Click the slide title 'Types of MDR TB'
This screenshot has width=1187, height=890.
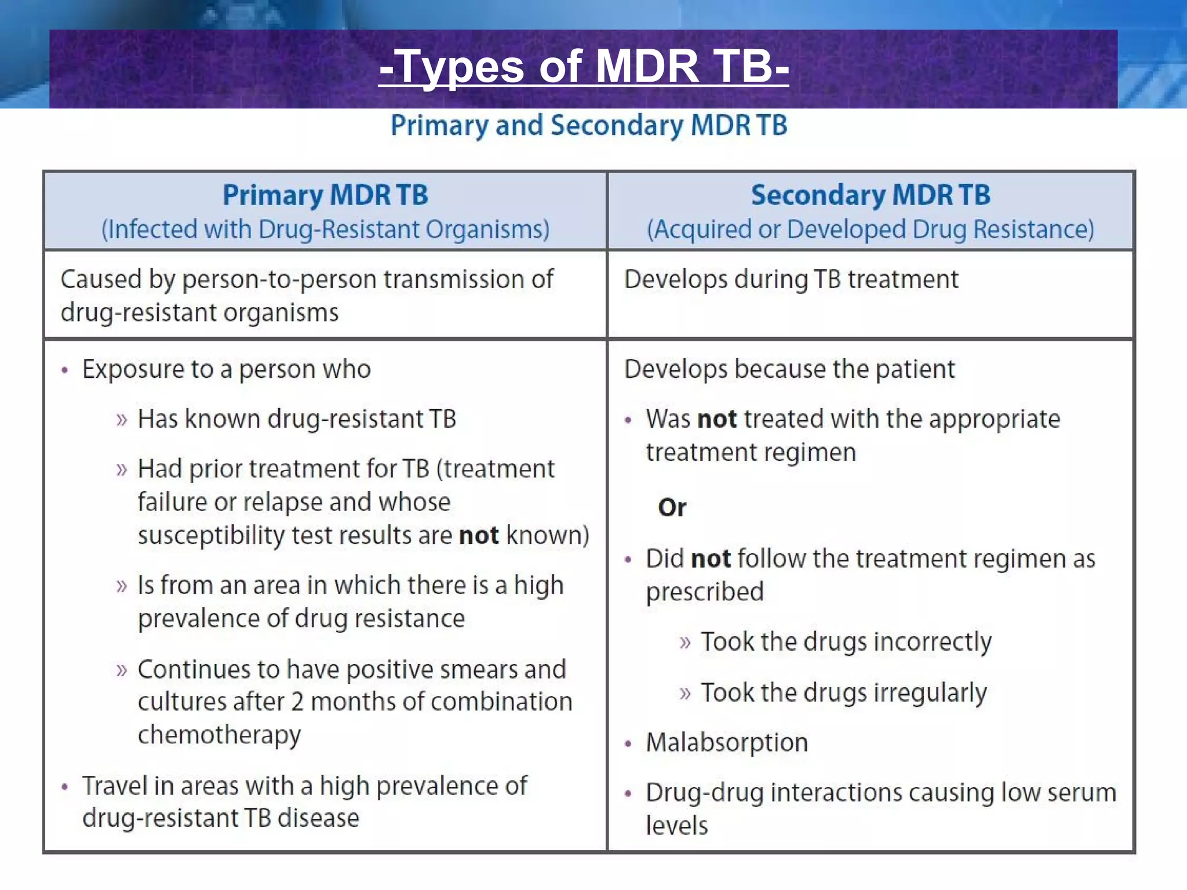pyautogui.click(x=584, y=67)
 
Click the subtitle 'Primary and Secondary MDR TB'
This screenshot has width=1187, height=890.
pyautogui.click(x=588, y=126)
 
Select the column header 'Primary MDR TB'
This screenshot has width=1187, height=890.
pyautogui.click(x=325, y=195)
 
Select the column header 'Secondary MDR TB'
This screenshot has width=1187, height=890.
pyautogui.click(x=870, y=195)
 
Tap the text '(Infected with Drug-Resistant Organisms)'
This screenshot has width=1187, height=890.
pyautogui.click(x=325, y=229)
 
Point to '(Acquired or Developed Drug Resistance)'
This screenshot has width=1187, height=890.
pyautogui.click(x=870, y=229)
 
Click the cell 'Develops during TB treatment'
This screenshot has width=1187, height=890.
pyautogui.click(x=791, y=280)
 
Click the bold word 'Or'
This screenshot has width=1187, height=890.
pyautogui.click(x=672, y=508)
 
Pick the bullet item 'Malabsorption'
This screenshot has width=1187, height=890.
pyautogui.click(x=727, y=743)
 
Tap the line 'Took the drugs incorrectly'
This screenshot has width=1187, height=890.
pyautogui.click(x=846, y=642)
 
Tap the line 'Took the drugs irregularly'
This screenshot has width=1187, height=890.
pyautogui.click(x=843, y=692)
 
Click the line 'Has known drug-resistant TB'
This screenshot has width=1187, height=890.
pyautogui.click(x=297, y=419)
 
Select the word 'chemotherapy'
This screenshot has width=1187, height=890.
pyautogui.click(x=219, y=735)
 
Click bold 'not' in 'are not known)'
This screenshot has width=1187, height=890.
pyautogui.click(x=479, y=535)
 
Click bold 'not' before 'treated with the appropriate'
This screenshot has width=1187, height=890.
pyautogui.click(x=717, y=419)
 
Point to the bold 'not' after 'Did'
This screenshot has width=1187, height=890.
pyautogui.click(x=711, y=559)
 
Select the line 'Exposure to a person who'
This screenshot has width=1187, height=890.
pyautogui.click(x=226, y=370)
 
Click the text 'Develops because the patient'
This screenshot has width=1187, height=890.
pyautogui.click(x=789, y=370)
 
